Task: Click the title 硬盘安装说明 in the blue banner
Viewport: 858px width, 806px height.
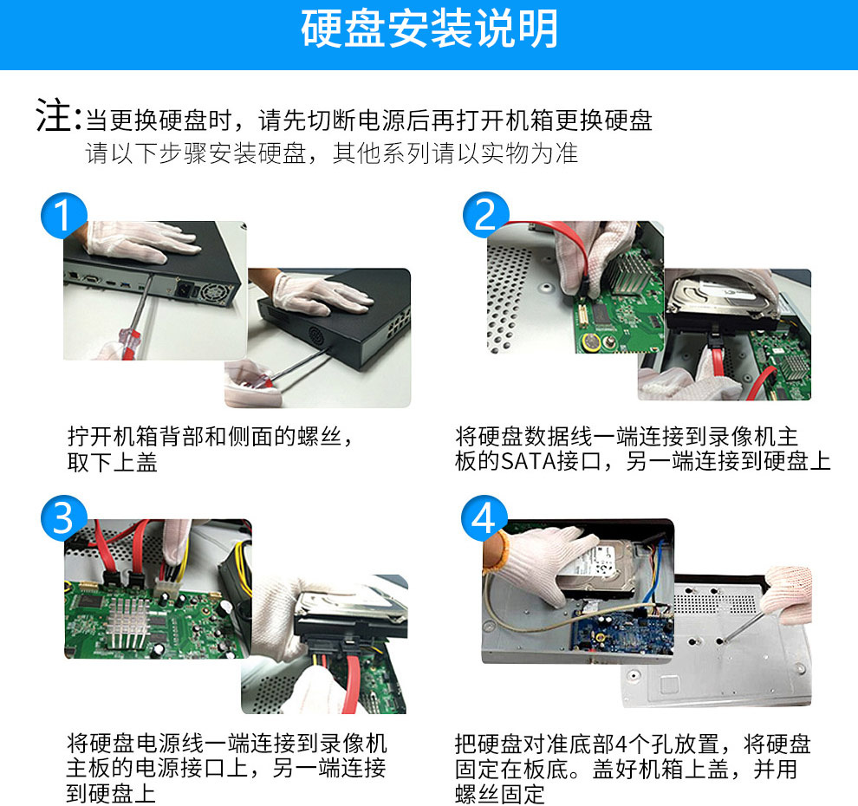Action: (430, 29)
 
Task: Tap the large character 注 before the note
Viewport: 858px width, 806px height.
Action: (53, 115)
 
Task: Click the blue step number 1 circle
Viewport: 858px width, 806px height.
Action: (64, 215)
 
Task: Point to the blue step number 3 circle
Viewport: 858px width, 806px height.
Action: (64, 518)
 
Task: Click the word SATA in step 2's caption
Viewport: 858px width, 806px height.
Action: (529, 461)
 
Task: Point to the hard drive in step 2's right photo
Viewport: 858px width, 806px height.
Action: (721, 304)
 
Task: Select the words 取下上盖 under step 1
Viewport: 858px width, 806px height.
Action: (112, 463)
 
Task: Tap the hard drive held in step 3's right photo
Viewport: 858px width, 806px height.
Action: (351, 613)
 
